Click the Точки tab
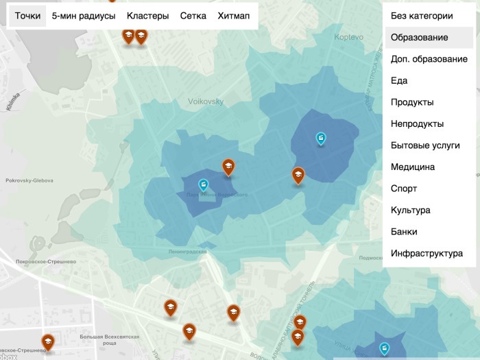click(27, 16)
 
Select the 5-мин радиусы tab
click(84, 16)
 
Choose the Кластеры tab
click(148, 16)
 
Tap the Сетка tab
click(193, 16)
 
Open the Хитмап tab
click(234, 16)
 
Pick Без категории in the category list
click(422, 16)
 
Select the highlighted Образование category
click(420, 38)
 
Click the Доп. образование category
click(429, 59)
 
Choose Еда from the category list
click(399, 81)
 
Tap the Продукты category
click(412, 102)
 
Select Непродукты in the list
click(417, 124)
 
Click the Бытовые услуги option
click(425, 145)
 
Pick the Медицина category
click(413, 167)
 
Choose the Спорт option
click(404, 189)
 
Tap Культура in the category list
click(411, 210)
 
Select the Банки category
click(404, 232)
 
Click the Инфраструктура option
click(427, 253)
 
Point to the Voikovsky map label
click(206, 101)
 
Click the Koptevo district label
click(349, 38)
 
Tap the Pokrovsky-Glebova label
click(29, 181)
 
